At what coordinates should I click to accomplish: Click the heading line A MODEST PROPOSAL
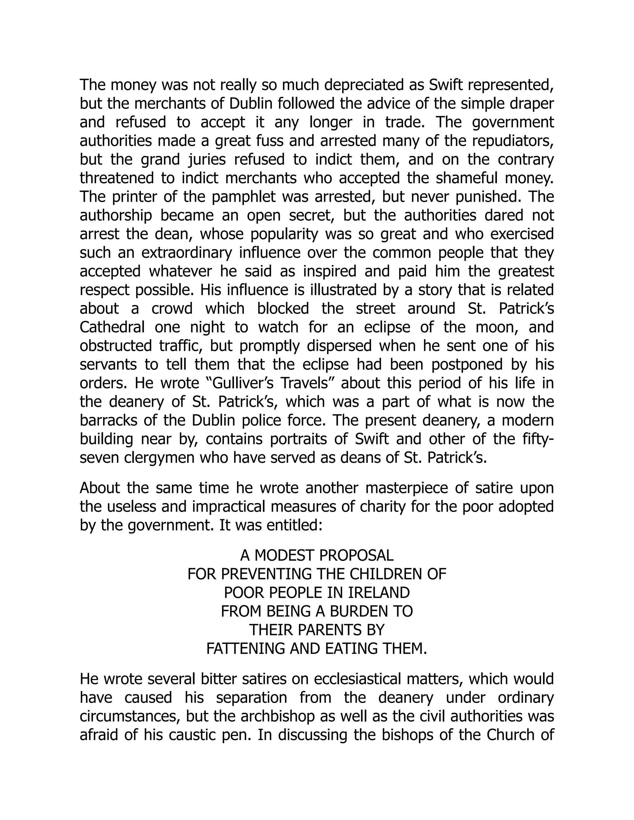click(x=317, y=555)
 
